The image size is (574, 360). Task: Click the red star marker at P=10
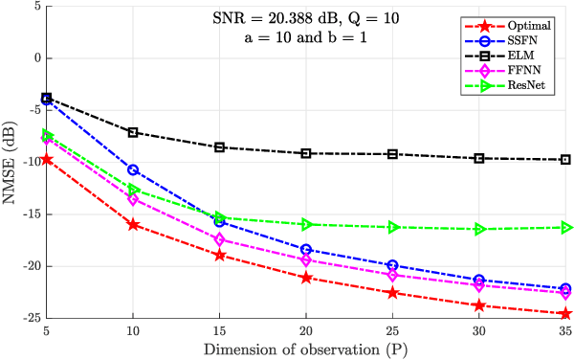tap(133, 224)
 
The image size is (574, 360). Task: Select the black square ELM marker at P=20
tap(306, 153)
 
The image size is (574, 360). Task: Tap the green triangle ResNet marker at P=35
tap(565, 228)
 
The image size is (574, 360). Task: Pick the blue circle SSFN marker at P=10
tap(133, 169)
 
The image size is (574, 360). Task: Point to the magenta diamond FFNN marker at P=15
tap(219, 239)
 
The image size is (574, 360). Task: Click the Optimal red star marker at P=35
tap(565, 313)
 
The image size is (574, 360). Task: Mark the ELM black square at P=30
tap(479, 158)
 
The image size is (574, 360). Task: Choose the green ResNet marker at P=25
tap(392, 227)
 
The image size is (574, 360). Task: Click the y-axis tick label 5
tap(35, 6)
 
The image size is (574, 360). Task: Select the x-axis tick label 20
tap(306, 330)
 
